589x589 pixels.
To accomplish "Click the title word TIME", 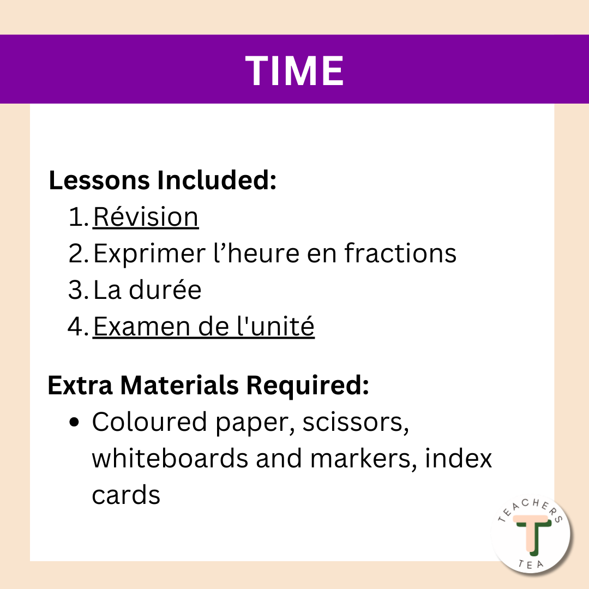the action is point(294,70).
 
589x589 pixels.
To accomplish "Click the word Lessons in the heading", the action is point(100,180).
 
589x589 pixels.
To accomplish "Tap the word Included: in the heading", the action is point(217,180).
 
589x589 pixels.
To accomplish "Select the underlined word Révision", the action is point(146,217).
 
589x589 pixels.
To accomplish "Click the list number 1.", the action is point(78,217).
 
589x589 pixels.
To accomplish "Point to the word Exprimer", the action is point(149,254).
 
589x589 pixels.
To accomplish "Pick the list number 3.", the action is point(78,290).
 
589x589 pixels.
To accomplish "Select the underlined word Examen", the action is point(142,326).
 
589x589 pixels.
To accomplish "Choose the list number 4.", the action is point(78,326).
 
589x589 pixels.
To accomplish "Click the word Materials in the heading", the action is point(179,385).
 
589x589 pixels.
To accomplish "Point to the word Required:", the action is point(308,386).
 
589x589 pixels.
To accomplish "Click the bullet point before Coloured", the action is point(75,422).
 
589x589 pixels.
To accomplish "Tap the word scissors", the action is point(356,423).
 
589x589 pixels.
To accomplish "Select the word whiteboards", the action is point(170,458).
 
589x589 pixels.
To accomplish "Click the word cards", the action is point(126,495).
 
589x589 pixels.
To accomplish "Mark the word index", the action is point(458,458).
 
